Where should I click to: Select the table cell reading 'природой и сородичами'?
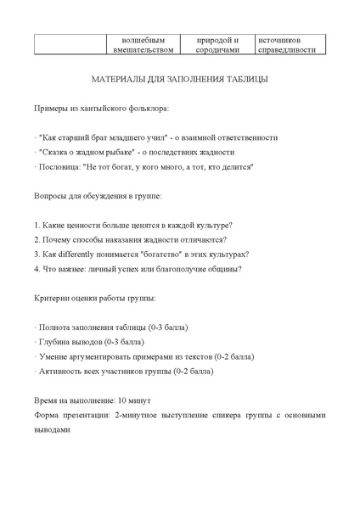tap(217, 44)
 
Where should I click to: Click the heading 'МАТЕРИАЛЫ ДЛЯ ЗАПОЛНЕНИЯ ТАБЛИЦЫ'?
tap(180, 80)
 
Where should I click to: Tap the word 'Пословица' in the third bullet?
tap(59, 167)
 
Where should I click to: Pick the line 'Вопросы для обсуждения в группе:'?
tap(98, 196)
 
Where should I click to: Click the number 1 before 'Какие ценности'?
tap(37, 225)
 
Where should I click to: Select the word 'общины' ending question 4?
tap(222, 269)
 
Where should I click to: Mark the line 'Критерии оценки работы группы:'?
tap(94, 298)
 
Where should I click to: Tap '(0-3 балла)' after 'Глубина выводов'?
tap(124, 341)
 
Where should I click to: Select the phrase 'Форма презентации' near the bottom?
tap(70, 415)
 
